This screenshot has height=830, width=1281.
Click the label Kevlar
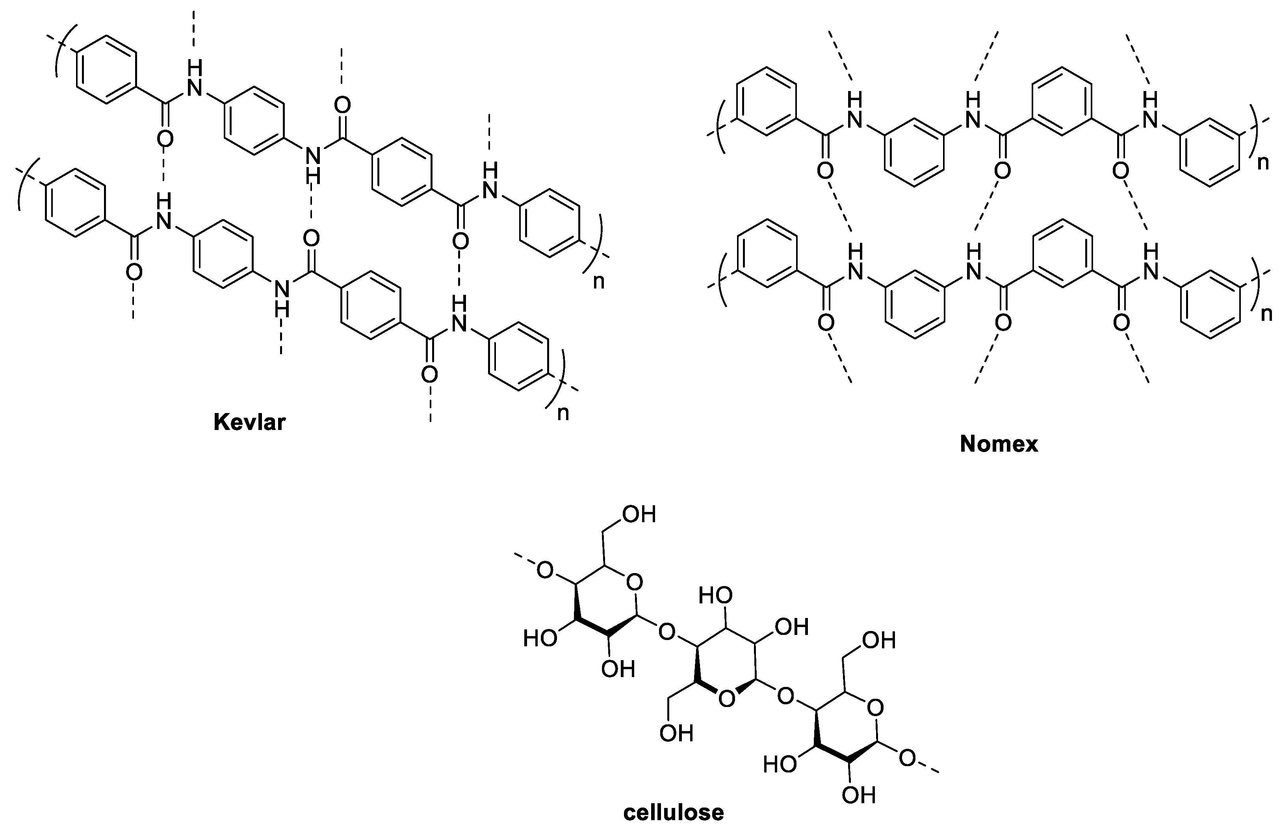pos(249,422)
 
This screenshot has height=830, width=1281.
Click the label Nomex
pos(999,444)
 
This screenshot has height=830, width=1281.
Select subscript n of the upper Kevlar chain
pos(598,281)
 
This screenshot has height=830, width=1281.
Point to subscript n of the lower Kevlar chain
pos(563,414)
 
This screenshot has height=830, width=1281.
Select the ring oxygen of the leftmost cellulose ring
pos(635,582)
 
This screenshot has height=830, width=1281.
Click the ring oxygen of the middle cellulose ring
pos(727,699)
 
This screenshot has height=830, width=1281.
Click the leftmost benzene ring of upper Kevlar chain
pos(107,69)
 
